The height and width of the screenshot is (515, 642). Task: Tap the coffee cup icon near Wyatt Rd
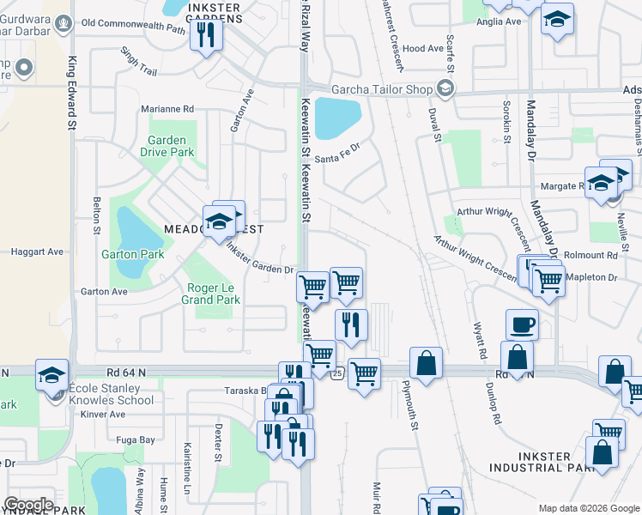pyautogui.click(x=522, y=325)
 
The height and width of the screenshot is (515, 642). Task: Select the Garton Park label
pyautogui.click(x=132, y=254)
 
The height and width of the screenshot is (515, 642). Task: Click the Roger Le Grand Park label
pyautogui.click(x=210, y=294)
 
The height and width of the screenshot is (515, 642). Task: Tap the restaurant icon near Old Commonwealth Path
pyautogui.click(x=206, y=34)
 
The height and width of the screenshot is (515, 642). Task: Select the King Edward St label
pyautogui.click(x=71, y=94)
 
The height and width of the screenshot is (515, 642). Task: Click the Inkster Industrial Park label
pyautogui.click(x=542, y=462)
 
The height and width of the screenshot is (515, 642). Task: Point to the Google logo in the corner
pyautogui.click(x=27, y=505)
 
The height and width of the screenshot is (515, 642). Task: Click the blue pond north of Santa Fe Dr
pyautogui.click(x=337, y=118)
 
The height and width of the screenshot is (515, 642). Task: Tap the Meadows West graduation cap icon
pyautogui.click(x=220, y=221)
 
